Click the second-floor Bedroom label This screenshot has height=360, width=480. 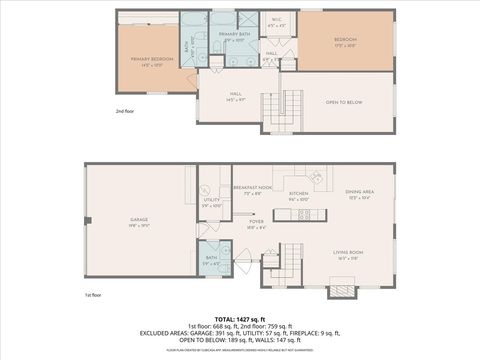pos(345,39)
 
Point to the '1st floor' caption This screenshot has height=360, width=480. pos(93,294)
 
